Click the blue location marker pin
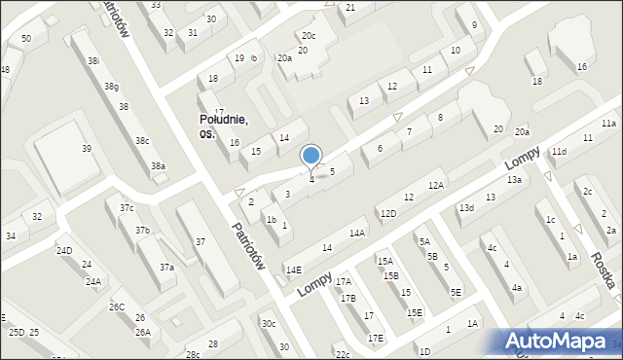coord(311,157)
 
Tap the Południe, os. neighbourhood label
coord(223,126)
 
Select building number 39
coord(87,148)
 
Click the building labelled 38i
coord(93,60)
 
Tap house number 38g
coord(112,87)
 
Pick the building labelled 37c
coord(127,208)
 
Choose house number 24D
coord(64,250)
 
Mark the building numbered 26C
coord(117,307)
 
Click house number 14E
coord(293,270)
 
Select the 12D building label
coord(388,214)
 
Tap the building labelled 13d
coord(467,207)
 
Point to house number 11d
coord(559,152)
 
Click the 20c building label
coord(308,36)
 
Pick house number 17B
coord(348,299)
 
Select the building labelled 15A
coord(385,261)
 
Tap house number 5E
coord(456,292)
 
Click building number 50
coord(26,38)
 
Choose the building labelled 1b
coord(272,219)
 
